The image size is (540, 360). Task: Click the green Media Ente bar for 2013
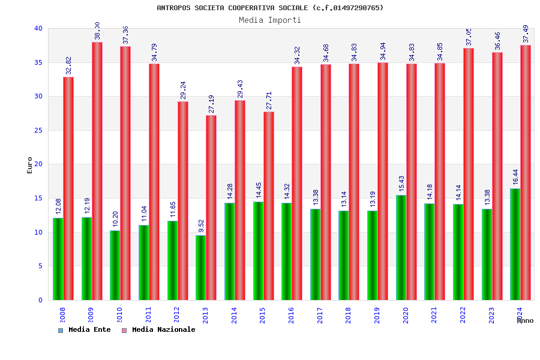(x=201, y=268)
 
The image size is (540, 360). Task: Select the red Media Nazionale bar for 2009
(x=97, y=171)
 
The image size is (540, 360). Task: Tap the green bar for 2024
(x=515, y=244)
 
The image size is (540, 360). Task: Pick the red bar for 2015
(x=268, y=206)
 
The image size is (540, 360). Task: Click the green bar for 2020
(x=401, y=247)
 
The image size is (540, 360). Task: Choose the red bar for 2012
(x=182, y=200)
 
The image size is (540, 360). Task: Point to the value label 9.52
(x=202, y=226)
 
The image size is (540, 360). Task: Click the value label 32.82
(x=68, y=65)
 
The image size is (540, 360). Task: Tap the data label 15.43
(x=401, y=184)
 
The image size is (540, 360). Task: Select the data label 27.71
(x=269, y=100)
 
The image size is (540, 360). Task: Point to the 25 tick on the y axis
(x=38, y=130)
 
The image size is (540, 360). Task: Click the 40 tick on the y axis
(x=38, y=28)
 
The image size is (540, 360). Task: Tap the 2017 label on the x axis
(x=320, y=316)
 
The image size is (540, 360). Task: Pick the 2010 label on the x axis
(x=119, y=316)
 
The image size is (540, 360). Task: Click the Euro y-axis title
(x=30, y=165)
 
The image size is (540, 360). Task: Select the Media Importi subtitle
(x=270, y=20)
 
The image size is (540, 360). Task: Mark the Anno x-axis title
(x=525, y=320)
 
